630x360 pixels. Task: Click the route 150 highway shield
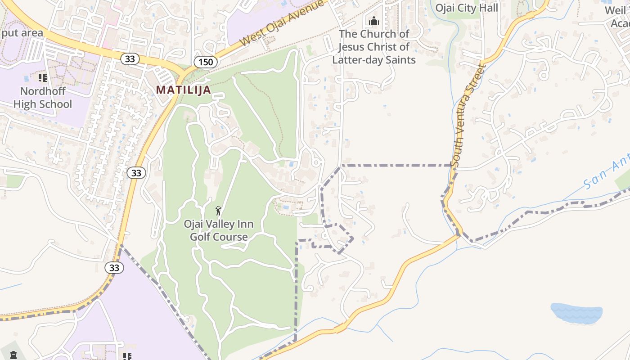(x=206, y=62)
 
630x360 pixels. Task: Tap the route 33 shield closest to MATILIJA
(x=129, y=58)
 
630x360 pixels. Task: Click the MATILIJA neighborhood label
(x=183, y=90)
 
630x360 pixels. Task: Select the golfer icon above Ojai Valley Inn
(x=219, y=211)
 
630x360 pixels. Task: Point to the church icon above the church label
(x=374, y=21)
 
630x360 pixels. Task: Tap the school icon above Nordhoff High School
(x=43, y=78)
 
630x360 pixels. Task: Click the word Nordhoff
(x=43, y=91)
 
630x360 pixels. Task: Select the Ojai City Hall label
(x=466, y=8)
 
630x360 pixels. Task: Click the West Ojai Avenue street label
(x=282, y=22)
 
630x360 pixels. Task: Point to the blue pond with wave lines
(x=576, y=313)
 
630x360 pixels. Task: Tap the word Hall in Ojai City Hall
(x=489, y=8)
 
